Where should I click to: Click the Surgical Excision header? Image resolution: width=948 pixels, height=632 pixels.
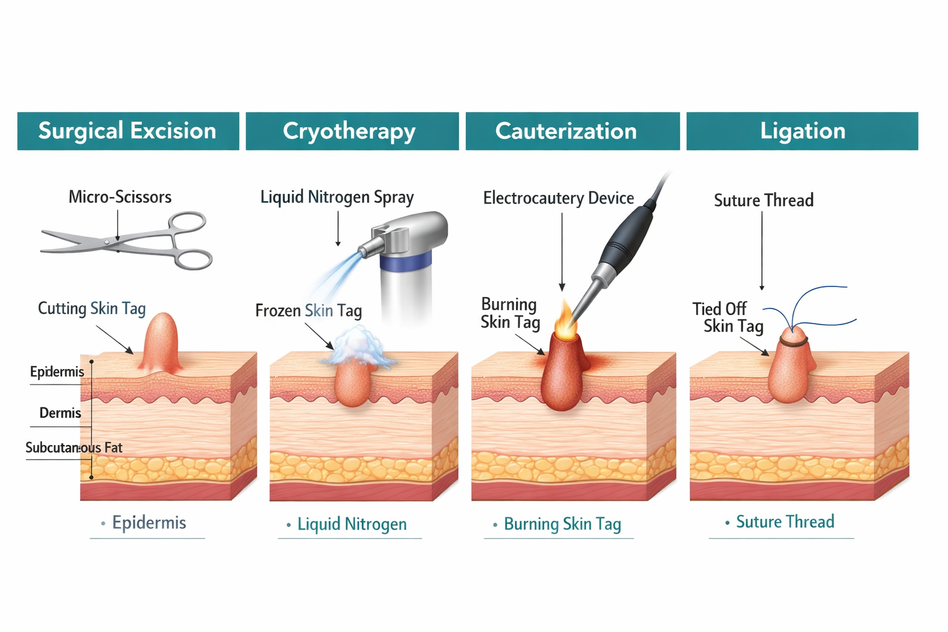pyautogui.click(x=128, y=131)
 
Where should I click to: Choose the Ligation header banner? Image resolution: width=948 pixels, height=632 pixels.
pyautogui.click(x=802, y=131)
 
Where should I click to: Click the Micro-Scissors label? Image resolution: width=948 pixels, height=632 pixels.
pyautogui.click(x=120, y=197)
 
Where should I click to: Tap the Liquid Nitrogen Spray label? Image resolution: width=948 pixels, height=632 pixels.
pyautogui.click(x=337, y=197)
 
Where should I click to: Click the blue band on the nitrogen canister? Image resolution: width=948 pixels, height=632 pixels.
pyautogui.click(x=404, y=264)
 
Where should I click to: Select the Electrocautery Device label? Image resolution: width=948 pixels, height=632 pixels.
pyautogui.click(x=559, y=198)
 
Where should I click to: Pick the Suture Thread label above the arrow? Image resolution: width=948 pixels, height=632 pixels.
pyautogui.click(x=763, y=200)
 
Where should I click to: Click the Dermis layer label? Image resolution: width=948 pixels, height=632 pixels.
pyautogui.click(x=60, y=413)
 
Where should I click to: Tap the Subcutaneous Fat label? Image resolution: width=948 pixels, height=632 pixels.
pyautogui.click(x=73, y=447)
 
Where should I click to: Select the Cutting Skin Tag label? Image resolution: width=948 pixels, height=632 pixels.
pyautogui.click(x=92, y=308)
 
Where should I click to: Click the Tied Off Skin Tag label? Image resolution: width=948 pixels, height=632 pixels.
pyautogui.click(x=728, y=317)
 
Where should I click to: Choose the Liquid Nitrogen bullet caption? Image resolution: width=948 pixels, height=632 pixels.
pyautogui.click(x=352, y=524)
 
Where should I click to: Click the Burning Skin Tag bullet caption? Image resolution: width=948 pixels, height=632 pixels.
pyautogui.click(x=562, y=524)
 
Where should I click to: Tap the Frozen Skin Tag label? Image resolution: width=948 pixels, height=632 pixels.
pyautogui.click(x=309, y=310)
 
